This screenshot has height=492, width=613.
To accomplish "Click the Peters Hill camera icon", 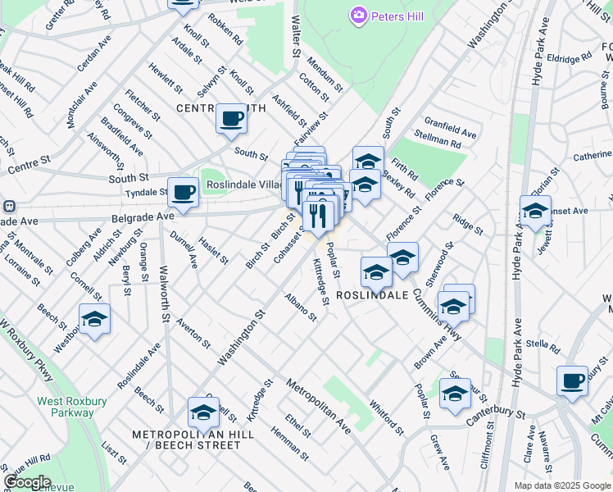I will [357, 16].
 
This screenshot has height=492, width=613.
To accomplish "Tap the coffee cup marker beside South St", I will [231, 118].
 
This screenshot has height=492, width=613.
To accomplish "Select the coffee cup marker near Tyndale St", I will [183, 193].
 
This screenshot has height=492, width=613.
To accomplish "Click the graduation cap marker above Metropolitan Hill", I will [202, 412].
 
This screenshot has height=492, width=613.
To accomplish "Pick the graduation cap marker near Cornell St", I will [94, 320].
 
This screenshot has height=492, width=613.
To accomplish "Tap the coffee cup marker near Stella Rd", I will [572, 380].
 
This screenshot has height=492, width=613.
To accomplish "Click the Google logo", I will [27, 482].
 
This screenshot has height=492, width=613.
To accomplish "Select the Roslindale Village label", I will [245, 185].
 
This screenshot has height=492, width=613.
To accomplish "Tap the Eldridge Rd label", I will [570, 60].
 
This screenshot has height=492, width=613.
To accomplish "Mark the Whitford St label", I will [386, 417].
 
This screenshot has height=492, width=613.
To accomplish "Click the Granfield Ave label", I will [450, 126].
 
